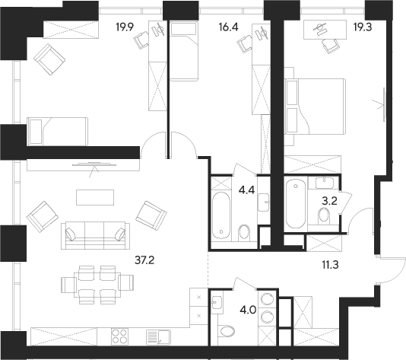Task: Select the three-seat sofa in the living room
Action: [94, 234]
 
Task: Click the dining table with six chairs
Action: [97, 283]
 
